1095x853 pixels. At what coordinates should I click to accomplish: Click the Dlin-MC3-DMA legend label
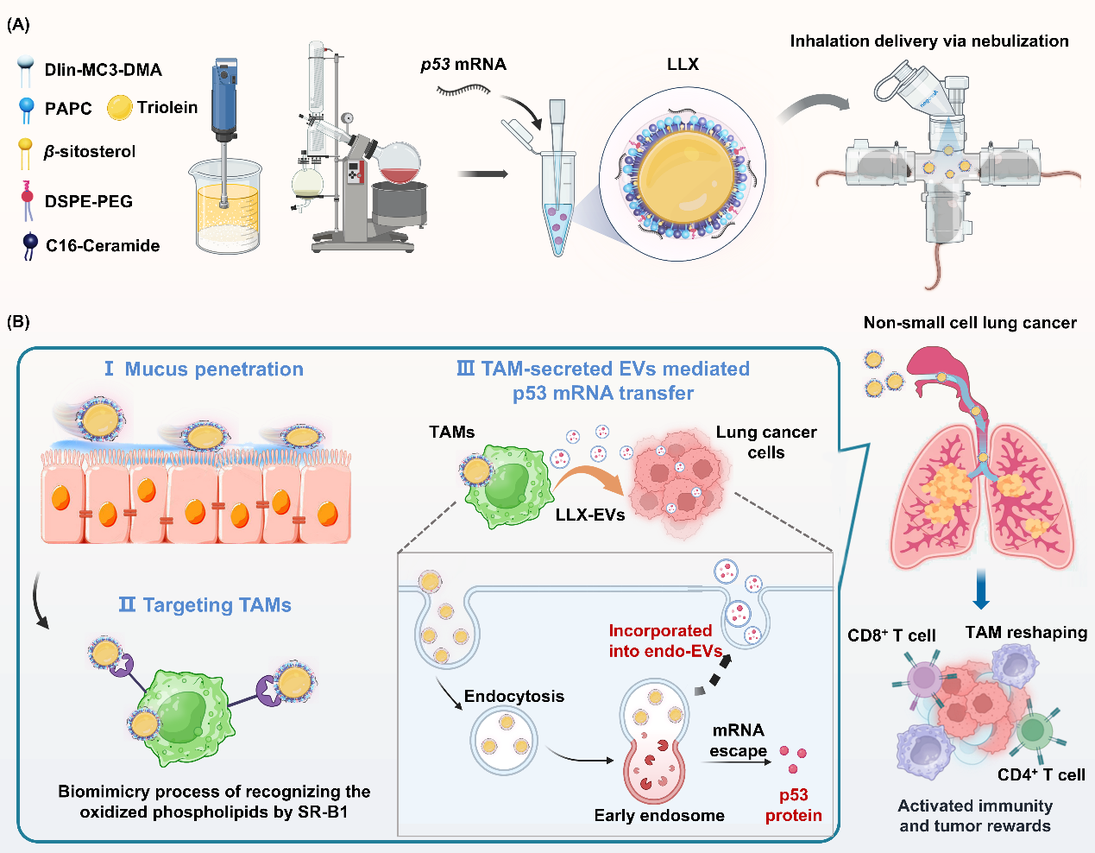click(103, 70)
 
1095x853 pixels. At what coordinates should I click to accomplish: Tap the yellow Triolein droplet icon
click(119, 108)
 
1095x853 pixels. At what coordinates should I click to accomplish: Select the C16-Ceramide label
click(103, 246)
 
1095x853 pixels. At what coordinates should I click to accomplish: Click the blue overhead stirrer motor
click(225, 95)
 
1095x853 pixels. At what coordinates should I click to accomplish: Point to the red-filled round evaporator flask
click(399, 163)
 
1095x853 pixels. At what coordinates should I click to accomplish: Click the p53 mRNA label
click(463, 65)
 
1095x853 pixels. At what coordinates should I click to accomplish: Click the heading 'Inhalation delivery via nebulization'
click(929, 41)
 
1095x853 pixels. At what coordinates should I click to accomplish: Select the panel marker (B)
click(18, 322)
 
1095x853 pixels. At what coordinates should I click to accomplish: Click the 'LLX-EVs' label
click(590, 515)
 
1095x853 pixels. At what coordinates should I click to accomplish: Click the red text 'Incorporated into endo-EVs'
click(663, 641)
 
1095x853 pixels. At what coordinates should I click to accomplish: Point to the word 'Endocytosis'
click(514, 697)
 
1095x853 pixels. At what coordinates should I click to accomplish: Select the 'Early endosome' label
click(659, 816)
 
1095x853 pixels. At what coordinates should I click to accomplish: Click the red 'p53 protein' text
click(793, 806)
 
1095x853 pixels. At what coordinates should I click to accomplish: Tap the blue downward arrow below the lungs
click(980, 590)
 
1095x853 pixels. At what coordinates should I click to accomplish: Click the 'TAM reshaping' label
click(1026, 633)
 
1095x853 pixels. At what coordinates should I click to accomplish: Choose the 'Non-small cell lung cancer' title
click(970, 323)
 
